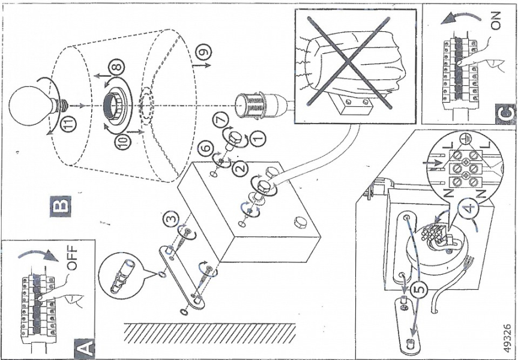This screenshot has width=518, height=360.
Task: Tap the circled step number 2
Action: [x=241, y=169]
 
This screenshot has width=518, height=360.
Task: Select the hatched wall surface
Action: [x=210, y=332]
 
